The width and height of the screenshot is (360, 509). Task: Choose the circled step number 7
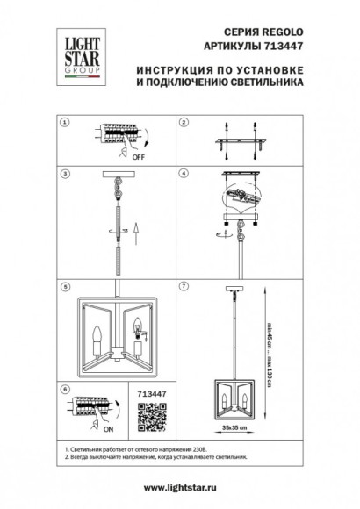pos(184,286)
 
